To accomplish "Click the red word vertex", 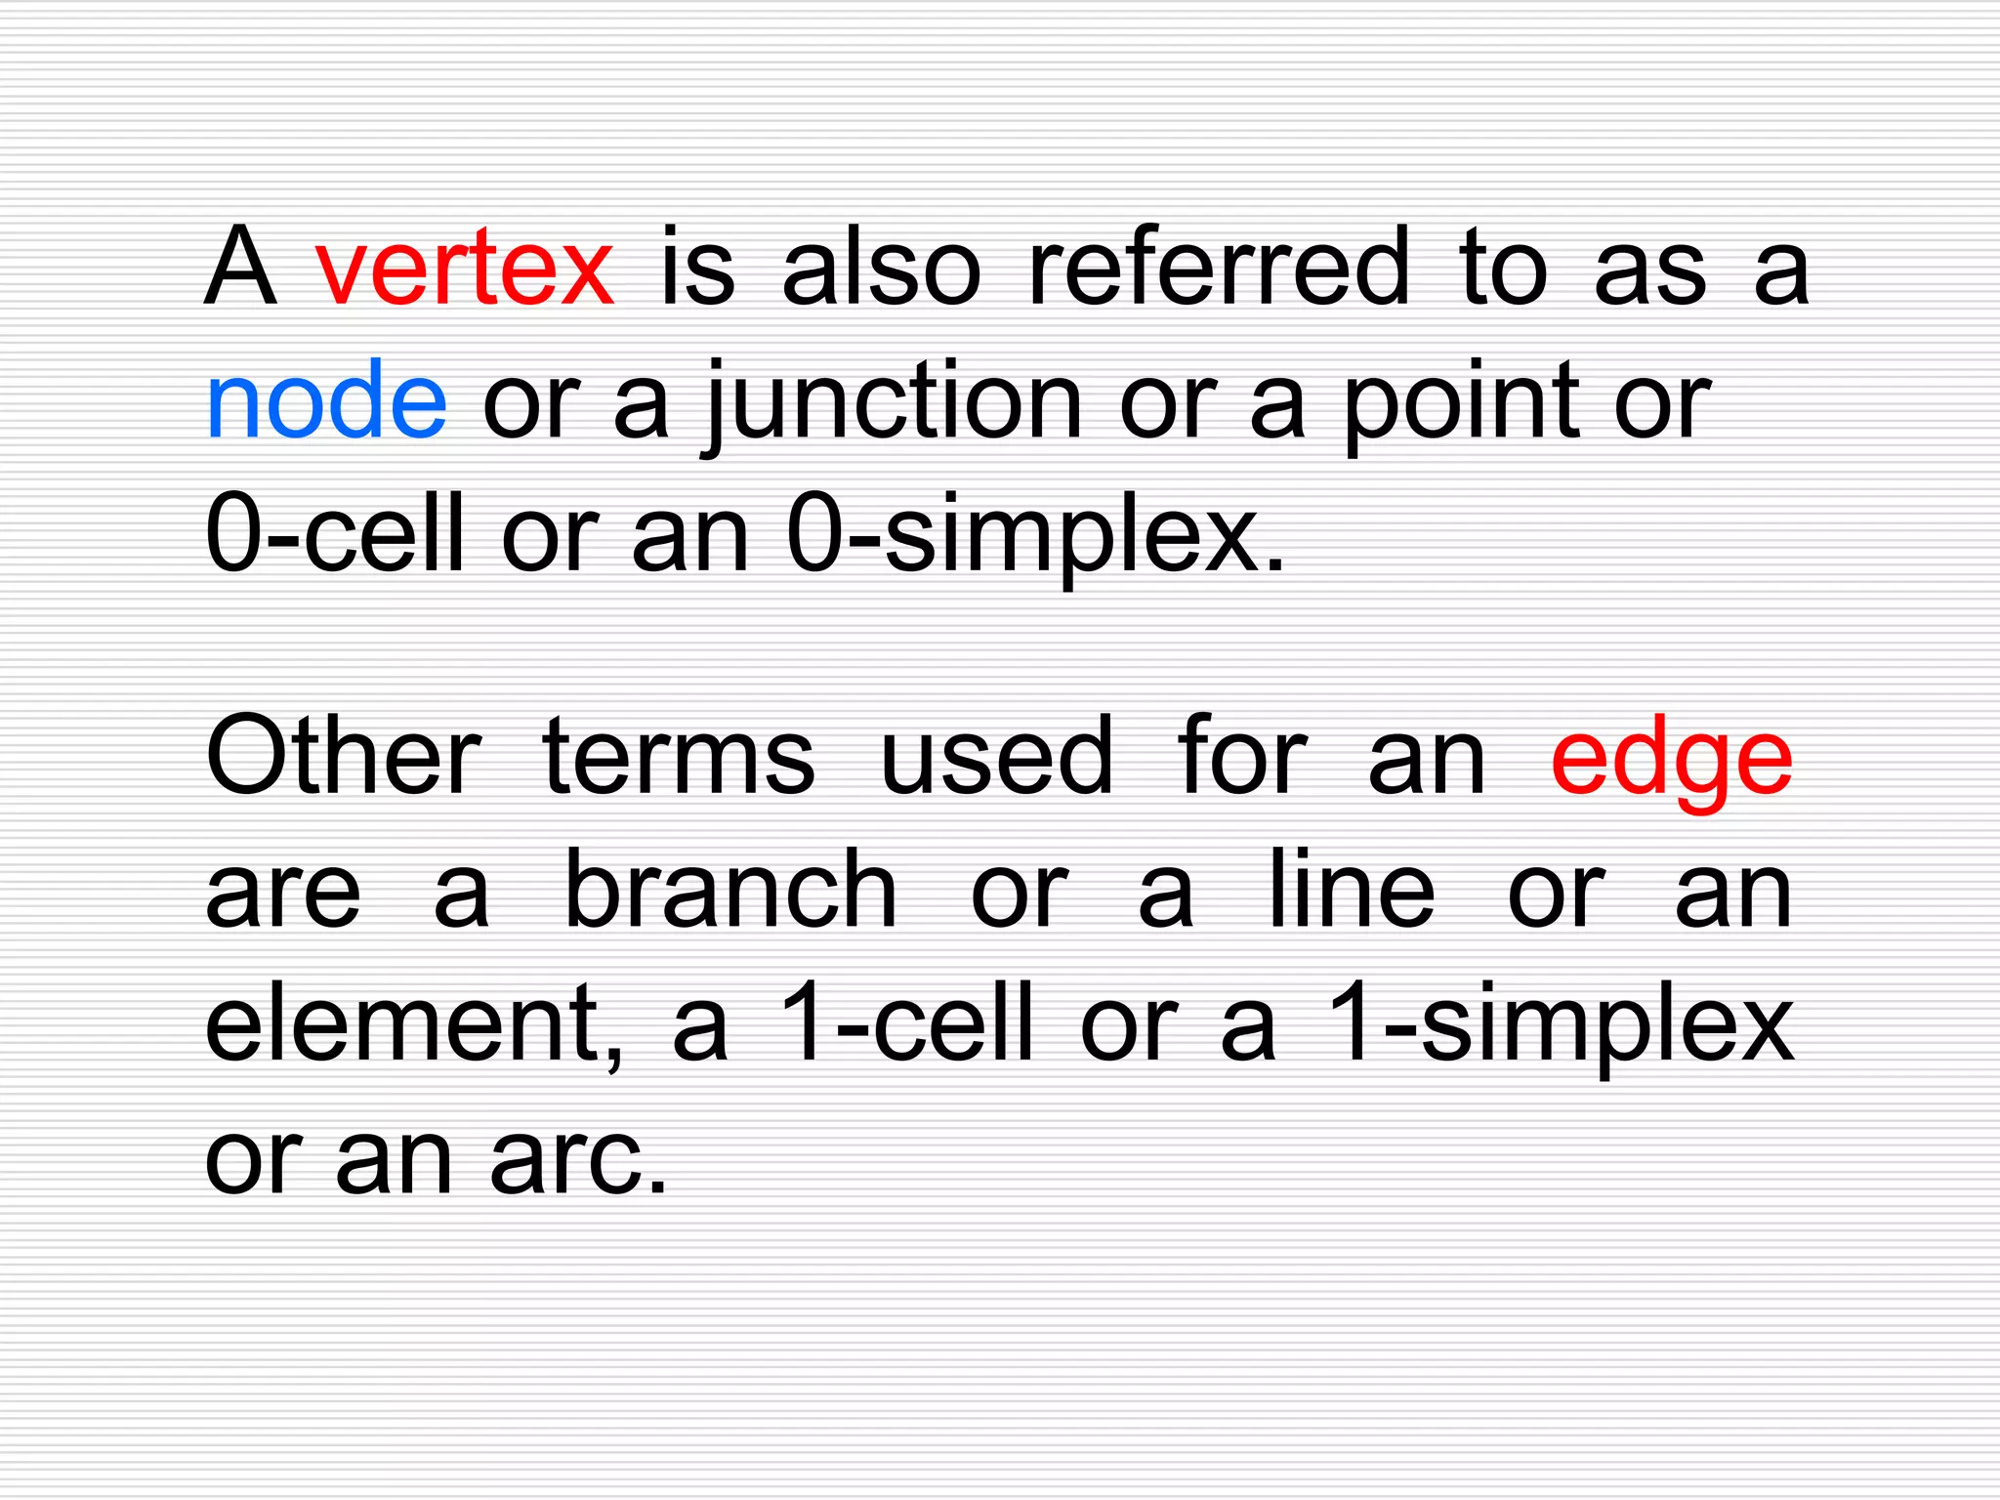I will click(x=465, y=267).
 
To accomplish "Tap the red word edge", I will click(x=1671, y=760).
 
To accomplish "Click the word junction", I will click(x=893, y=402).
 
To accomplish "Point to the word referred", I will click(x=1219, y=267).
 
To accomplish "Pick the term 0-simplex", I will click(x=1034, y=536).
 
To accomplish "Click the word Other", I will click(x=343, y=755).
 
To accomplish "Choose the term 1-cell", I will click(x=905, y=1022).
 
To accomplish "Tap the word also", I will click(x=881, y=267).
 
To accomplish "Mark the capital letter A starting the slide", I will click(x=240, y=266).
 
